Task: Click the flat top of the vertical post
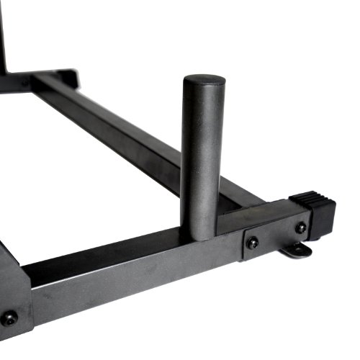pos(203,81)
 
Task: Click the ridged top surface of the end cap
pos(310,196)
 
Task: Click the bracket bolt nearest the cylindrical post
pos(253,243)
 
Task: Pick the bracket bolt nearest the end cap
pos(300,228)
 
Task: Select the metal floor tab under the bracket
pos(297,250)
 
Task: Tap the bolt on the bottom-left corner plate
pos(9,318)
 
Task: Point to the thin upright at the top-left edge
pos(3,36)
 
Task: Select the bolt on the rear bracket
pos(27,84)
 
